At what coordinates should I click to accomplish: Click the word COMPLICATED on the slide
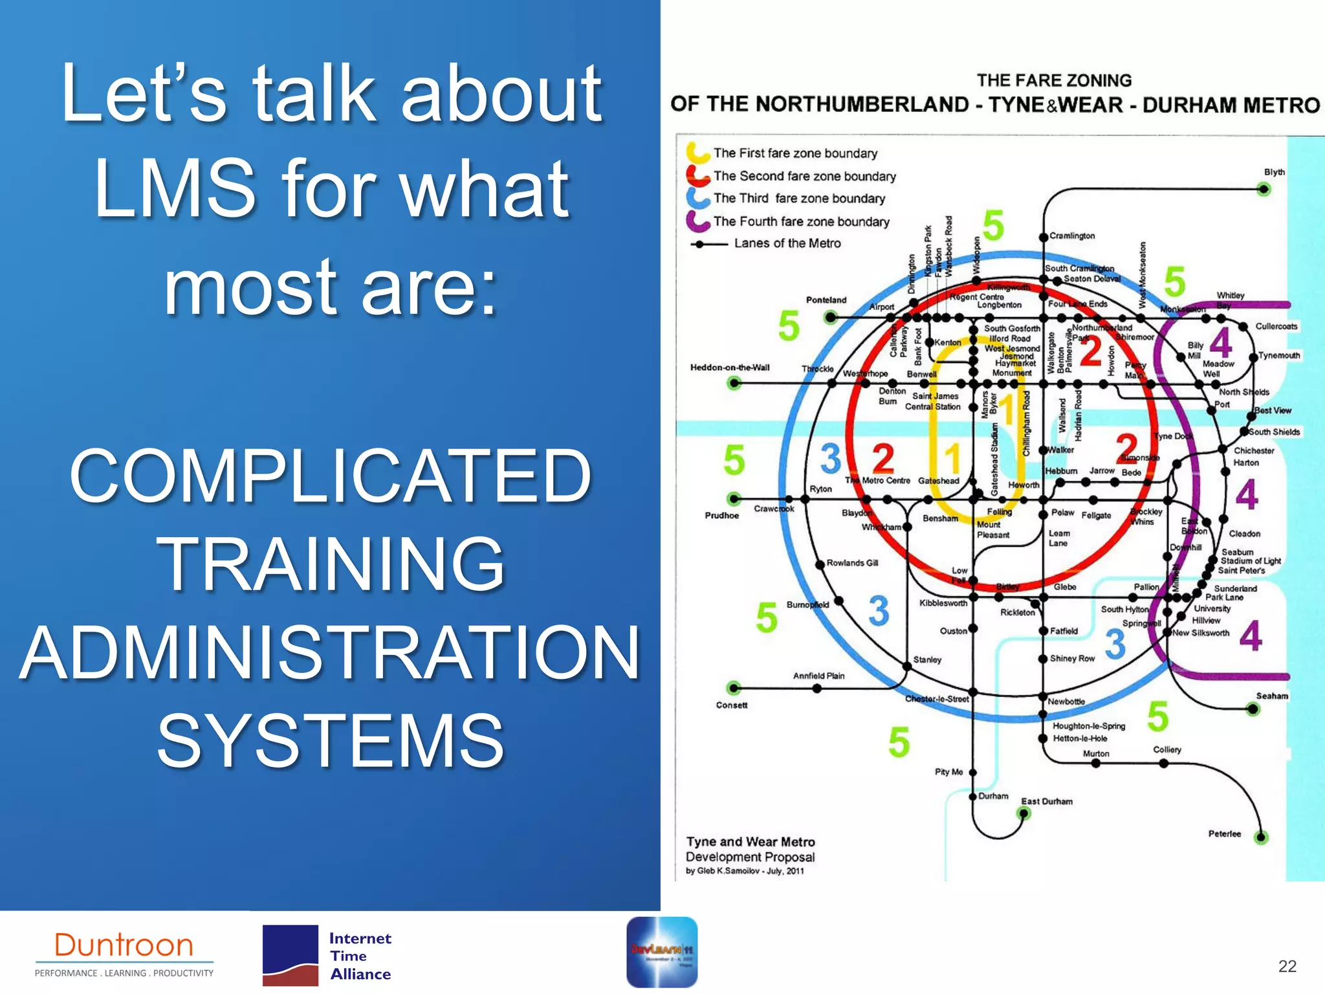coord(330,477)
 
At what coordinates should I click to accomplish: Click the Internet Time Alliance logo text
coord(360,956)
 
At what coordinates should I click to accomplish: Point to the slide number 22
coord(1287,966)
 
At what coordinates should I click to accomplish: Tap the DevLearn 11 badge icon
coord(661,951)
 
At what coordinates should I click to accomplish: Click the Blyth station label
coord(1274,172)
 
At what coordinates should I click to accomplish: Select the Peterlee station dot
coord(1261,837)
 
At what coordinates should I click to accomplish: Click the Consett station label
coord(731,705)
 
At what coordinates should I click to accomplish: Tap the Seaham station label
coord(1271,696)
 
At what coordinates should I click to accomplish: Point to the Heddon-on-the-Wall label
coord(729,368)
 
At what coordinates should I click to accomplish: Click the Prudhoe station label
coord(721,516)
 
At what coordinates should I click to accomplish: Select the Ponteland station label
coord(826,300)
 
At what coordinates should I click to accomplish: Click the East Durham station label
coord(1046,801)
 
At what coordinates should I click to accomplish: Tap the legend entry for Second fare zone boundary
coord(804,176)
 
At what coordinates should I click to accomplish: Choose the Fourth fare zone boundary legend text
coord(801,222)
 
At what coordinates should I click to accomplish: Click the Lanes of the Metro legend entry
coord(787,243)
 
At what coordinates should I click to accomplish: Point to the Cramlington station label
coord(1071,236)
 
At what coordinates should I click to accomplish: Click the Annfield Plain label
coord(818,676)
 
